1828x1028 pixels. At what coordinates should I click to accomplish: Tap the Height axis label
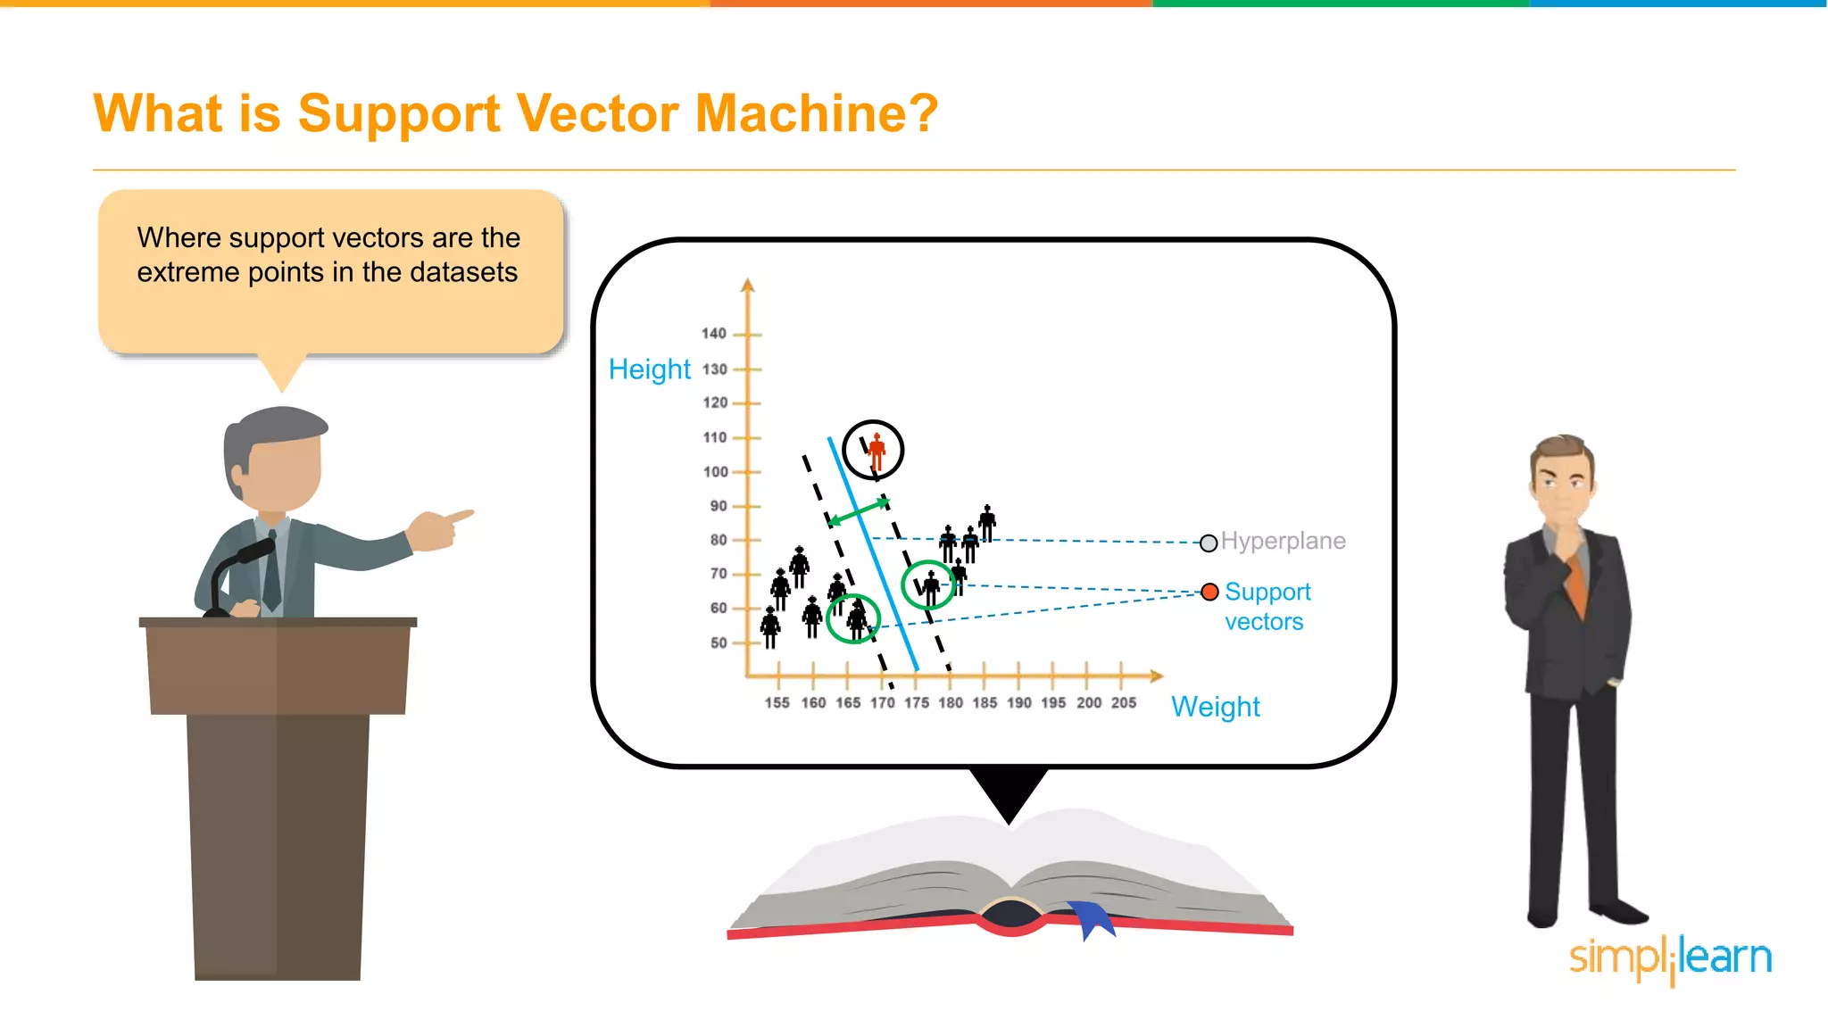pyautogui.click(x=649, y=369)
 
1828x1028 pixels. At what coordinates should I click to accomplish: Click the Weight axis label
pyautogui.click(x=1215, y=707)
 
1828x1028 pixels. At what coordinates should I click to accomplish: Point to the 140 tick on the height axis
pyautogui.click(x=713, y=334)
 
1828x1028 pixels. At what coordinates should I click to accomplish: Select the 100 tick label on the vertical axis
pyautogui.click(x=715, y=472)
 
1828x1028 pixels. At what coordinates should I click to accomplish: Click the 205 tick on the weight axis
pyautogui.click(x=1123, y=703)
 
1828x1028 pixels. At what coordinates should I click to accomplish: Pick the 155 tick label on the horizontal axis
pyautogui.click(x=777, y=703)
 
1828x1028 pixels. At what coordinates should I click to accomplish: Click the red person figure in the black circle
pyautogui.click(x=877, y=451)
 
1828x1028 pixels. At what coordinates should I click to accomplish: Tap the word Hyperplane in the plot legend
pyautogui.click(x=1283, y=541)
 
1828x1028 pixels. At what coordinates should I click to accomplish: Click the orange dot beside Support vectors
pyautogui.click(x=1209, y=592)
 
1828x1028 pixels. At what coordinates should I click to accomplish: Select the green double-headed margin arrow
pyautogui.click(x=859, y=512)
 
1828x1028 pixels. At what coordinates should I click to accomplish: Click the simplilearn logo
pyautogui.click(x=1670, y=958)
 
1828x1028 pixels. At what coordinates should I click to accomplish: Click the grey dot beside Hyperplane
pyautogui.click(x=1209, y=543)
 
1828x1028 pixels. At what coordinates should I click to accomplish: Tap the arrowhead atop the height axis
pyautogui.click(x=748, y=285)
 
